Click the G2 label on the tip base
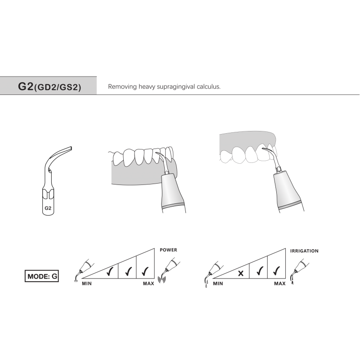[48, 208]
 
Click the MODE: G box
[41, 276]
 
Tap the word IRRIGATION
[304, 250]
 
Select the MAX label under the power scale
[148, 284]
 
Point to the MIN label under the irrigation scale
[218, 284]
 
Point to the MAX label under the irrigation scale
[279, 284]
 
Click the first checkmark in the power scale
[109, 272]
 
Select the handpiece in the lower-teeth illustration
[175, 194]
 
